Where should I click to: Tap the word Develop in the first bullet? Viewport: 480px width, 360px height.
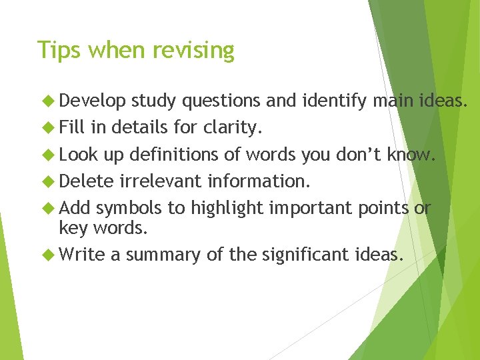click(93, 101)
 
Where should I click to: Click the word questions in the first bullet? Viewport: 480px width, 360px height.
click(221, 101)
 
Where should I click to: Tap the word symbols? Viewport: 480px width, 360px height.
click(131, 208)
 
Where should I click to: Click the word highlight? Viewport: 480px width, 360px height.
click(227, 209)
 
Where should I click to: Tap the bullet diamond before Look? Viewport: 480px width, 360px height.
click(47, 155)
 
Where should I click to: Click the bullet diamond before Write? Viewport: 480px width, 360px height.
click(47, 254)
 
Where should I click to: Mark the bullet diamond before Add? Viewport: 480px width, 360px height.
click(47, 209)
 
